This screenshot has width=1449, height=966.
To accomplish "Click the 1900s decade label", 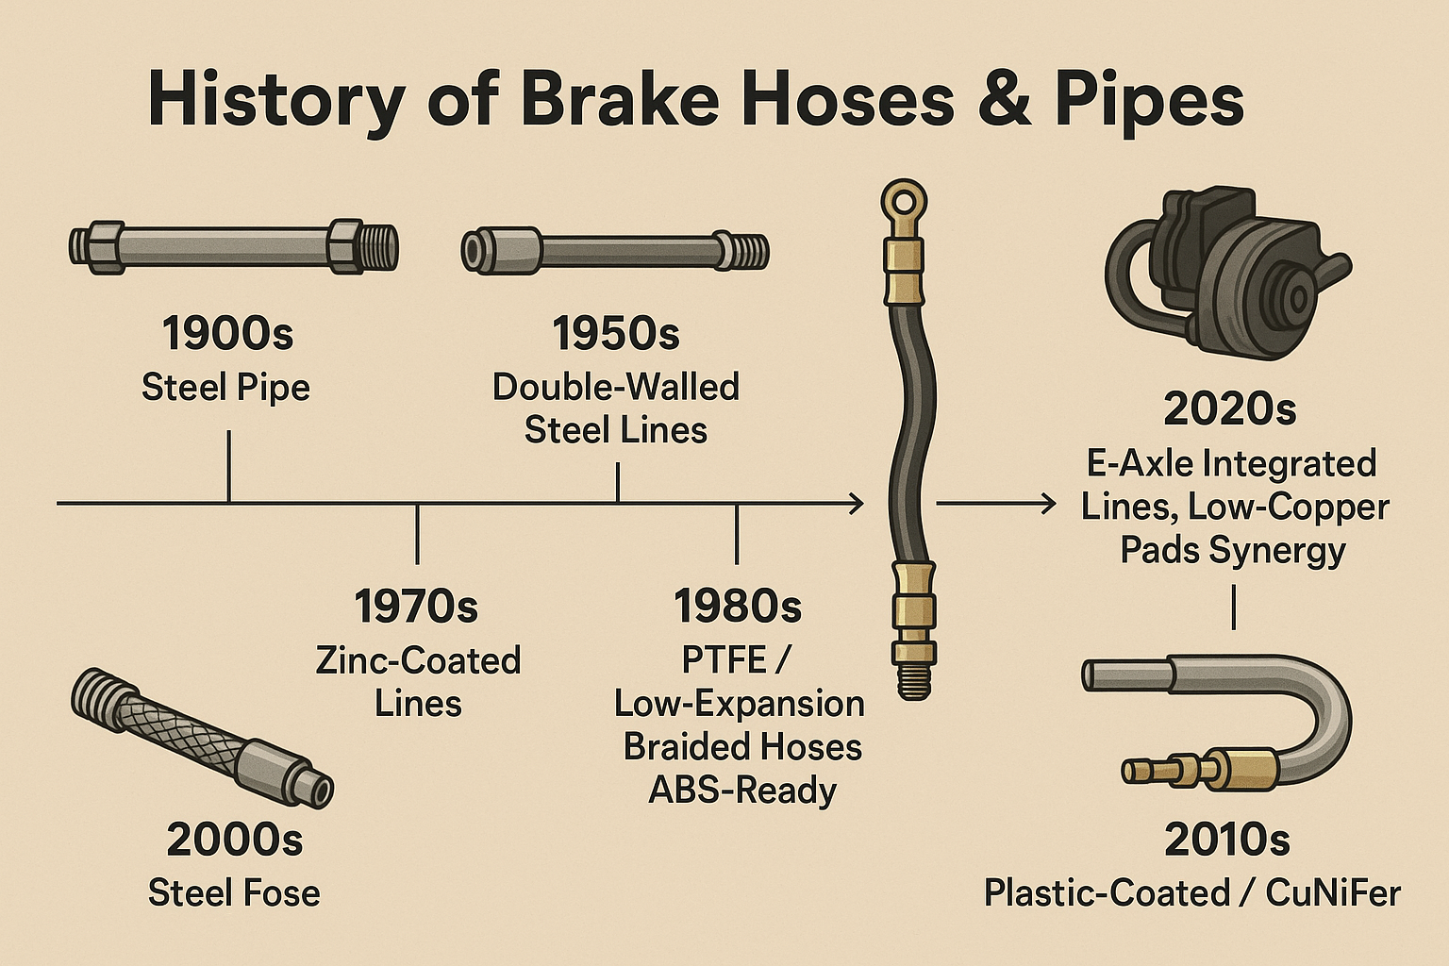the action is point(227,334).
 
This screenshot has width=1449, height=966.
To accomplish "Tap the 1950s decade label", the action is point(615,334).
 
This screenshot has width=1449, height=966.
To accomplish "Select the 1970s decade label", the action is point(416,607).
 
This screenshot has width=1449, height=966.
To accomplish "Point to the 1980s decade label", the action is point(738,607).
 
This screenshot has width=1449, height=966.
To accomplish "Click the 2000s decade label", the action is point(235,839).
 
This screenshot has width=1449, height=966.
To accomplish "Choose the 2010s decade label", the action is point(1226,839).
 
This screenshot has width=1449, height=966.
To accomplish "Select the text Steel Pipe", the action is point(225,387).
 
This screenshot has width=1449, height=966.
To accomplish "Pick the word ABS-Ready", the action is point(742,790).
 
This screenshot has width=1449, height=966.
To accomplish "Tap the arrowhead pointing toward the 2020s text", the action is point(1048,505).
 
